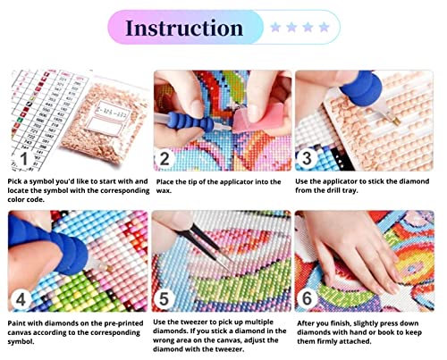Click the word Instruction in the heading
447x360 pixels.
click(184, 28)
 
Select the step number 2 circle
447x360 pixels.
click(164, 159)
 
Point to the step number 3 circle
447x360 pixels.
click(307, 158)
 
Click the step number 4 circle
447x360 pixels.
click(21, 299)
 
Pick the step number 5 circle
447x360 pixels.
click(164, 299)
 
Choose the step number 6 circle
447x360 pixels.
click(307, 298)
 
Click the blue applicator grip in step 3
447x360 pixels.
click(361, 88)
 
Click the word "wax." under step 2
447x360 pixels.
click(164, 191)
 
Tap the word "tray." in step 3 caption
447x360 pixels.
click(350, 190)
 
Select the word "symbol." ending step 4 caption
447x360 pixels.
click(21, 342)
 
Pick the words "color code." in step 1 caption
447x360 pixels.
click(26, 199)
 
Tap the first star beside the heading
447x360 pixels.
click(275, 28)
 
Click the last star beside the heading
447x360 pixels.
click(324, 28)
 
